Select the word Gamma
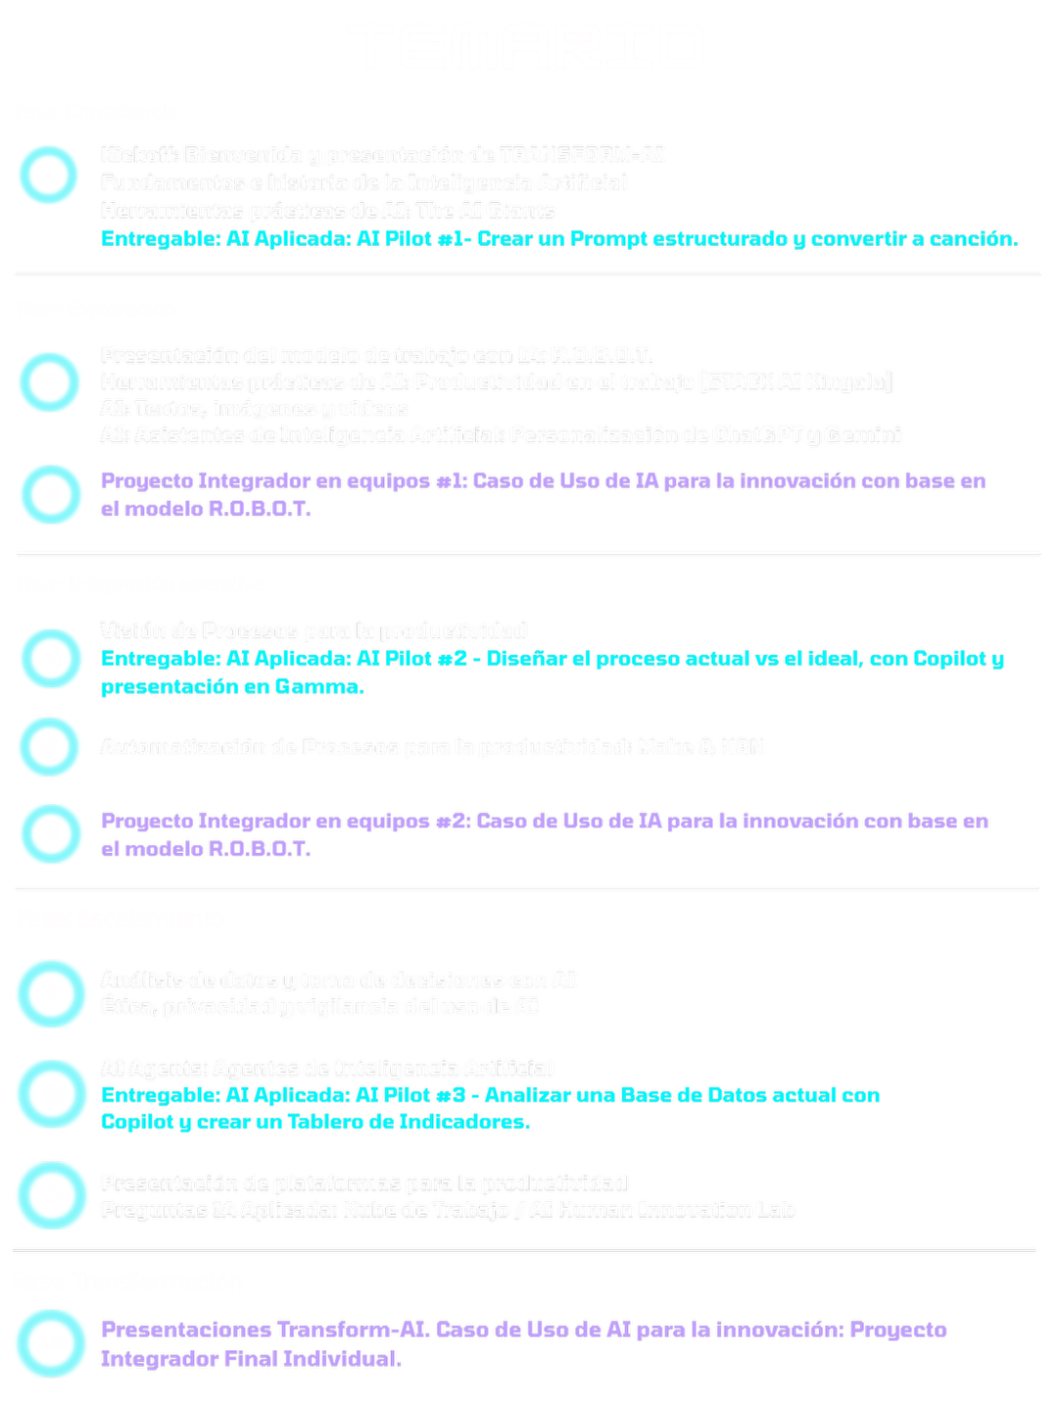[x=318, y=687]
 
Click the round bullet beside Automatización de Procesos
[x=49, y=747]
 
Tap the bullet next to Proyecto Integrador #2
[x=49, y=834]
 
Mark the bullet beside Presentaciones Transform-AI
[x=49, y=1344]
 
